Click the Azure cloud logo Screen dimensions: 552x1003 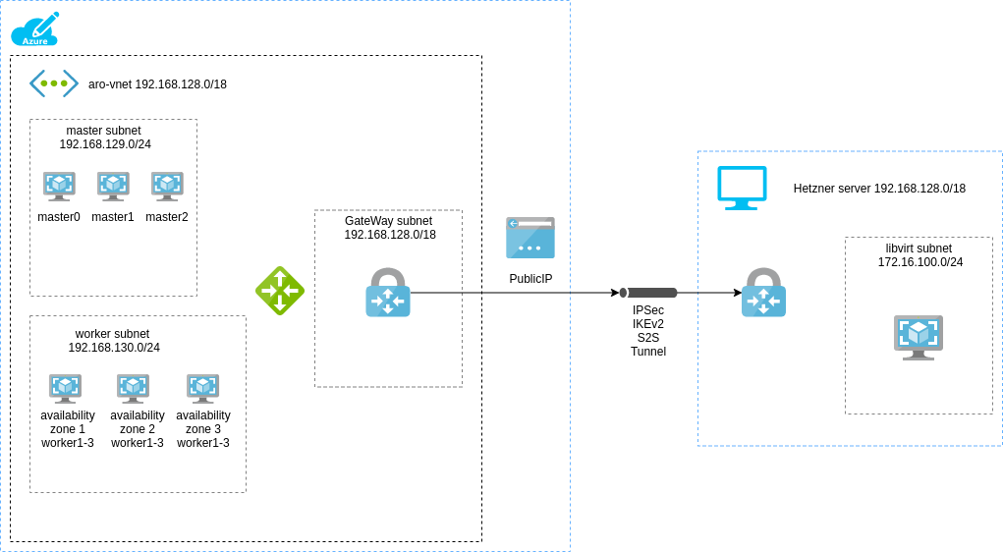(x=35, y=29)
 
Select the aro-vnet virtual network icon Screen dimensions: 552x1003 (x=54, y=83)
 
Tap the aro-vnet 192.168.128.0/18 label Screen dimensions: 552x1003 (x=157, y=84)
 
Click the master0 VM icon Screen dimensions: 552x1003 (x=59, y=186)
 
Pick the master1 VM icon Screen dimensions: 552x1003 (x=113, y=186)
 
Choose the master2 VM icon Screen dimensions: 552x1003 (x=167, y=186)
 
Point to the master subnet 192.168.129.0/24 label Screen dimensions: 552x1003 (x=104, y=138)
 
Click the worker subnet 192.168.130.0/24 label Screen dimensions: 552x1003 (x=114, y=341)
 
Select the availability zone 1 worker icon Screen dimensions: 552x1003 (x=66, y=388)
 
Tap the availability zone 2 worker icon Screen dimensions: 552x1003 (x=133, y=388)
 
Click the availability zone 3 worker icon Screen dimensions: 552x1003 (x=202, y=388)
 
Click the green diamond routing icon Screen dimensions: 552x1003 (x=280, y=290)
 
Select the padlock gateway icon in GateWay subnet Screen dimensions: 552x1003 (x=388, y=293)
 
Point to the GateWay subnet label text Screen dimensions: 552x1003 (x=389, y=228)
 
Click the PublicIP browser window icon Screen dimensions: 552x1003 (x=530, y=238)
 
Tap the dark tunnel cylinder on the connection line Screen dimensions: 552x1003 (x=649, y=293)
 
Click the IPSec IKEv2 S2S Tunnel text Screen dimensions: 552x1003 (x=648, y=331)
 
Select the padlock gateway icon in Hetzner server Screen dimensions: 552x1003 (x=763, y=293)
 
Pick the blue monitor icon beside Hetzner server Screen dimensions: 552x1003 (x=742, y=188)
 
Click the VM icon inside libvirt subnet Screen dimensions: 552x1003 (x=919, y=337)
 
